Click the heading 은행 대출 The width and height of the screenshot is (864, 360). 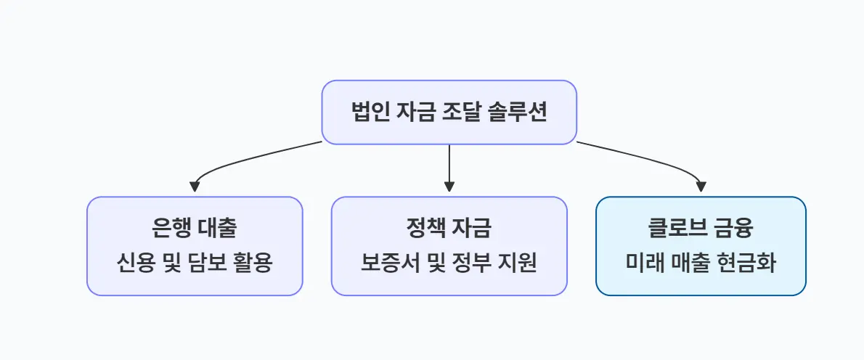click(x=195, y=229)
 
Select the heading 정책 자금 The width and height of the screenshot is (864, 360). click(x=449, y=229)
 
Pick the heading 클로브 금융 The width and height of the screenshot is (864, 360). click(x=701, y=229)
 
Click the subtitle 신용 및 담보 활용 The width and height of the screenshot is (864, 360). click(x=195, y=263)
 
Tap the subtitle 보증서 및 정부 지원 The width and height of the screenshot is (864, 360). click(x=449, y=263)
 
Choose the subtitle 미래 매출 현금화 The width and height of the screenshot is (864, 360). click(x=701, y=263)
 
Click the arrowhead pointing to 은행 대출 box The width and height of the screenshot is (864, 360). click(x=195, y=187)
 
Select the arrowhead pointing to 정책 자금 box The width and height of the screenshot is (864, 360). click(x=449, y=187)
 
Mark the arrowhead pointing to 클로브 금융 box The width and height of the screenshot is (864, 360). click(x=701, y=187)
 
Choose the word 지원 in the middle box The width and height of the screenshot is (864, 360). click(x=519, y=263)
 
